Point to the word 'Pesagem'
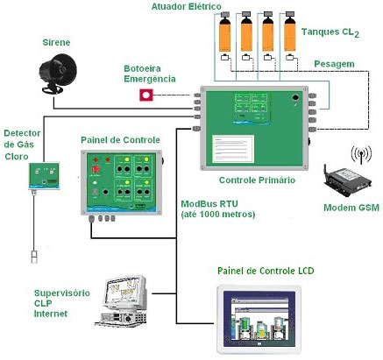coord(335,64)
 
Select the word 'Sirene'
coord(58,41)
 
